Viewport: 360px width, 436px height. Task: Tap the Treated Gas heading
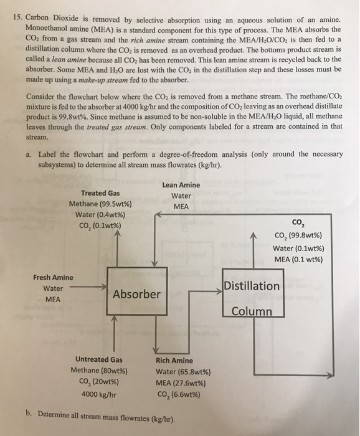pyautogui.click(x=100, y=193)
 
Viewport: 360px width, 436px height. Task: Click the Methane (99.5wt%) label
pyautogui.click(x=100, y=204)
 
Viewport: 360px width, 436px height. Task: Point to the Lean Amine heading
pyautogui.click(x=181, y=185)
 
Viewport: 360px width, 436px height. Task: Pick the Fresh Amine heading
pyautogui.click(x=53, y=278)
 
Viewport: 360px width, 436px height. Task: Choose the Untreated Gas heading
pyautogui.click(x=98, y=359)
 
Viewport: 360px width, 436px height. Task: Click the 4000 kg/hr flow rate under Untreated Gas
pyautogui.click(x=98, y=394)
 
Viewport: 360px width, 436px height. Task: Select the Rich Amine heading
pyautogui.click(x=174, y=361)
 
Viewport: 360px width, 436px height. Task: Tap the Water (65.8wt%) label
pyautogui.click(x=183, y=372)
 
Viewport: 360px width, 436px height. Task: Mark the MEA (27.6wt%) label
pyautogui.click(x=181, y=383)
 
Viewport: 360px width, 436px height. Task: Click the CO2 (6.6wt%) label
pyautogui.click(x=179, y=394)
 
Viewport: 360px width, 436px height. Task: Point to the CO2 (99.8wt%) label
pyautogui.click(x=298, y=235)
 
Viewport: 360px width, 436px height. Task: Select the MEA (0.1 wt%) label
pyautogui.click(x=298, y=260)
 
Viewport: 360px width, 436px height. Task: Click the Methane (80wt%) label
pyautogui.click(x=99, y=371)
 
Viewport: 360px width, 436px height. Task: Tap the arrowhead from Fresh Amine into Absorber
pyautogui.click(x=104, y=287)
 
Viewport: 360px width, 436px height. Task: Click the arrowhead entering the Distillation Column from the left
pyautogui.click(x=219, y=291)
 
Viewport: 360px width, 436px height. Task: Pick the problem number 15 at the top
pyautogui.click(x=18, y=17)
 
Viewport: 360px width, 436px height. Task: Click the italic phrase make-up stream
pyautogui.click(x=103, y=80)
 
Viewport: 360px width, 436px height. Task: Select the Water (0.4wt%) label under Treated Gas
pyautogui.click(x=100, y=215)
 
